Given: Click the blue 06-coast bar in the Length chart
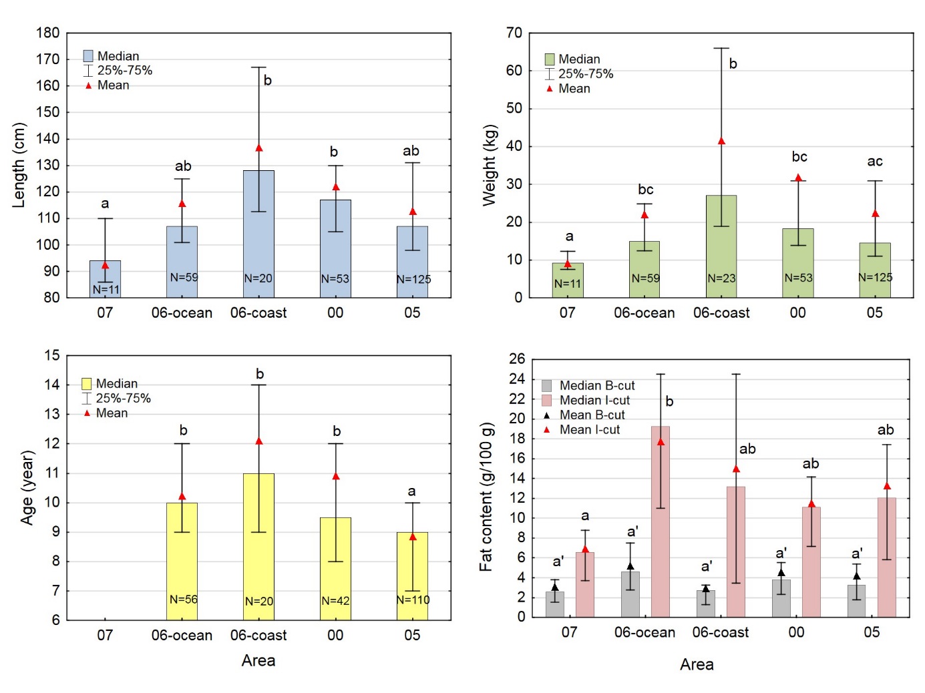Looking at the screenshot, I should point(258,234).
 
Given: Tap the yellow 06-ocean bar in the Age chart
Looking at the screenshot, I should point(182,561).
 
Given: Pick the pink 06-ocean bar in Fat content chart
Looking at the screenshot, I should point(660,521).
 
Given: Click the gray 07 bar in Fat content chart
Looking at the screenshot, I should point(555,604).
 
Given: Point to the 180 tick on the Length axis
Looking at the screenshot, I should point(48,33).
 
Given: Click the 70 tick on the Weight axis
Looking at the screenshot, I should point(514,33).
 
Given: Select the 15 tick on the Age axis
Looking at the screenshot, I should point(51,355).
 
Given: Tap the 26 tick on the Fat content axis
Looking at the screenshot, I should point(517,359).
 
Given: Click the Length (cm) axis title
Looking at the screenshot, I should point(19,165).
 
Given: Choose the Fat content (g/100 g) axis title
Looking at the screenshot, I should point(486,497).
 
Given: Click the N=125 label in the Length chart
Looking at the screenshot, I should point(413,279).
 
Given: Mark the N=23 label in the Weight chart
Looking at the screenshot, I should point(721,278).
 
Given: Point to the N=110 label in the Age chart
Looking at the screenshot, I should point(413,600).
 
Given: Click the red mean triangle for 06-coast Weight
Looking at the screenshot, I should point(721,142).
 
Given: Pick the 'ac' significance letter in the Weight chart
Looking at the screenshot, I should point(875,162).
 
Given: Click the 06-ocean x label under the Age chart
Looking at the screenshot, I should point(182,635).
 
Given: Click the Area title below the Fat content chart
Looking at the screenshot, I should point(697,664).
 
